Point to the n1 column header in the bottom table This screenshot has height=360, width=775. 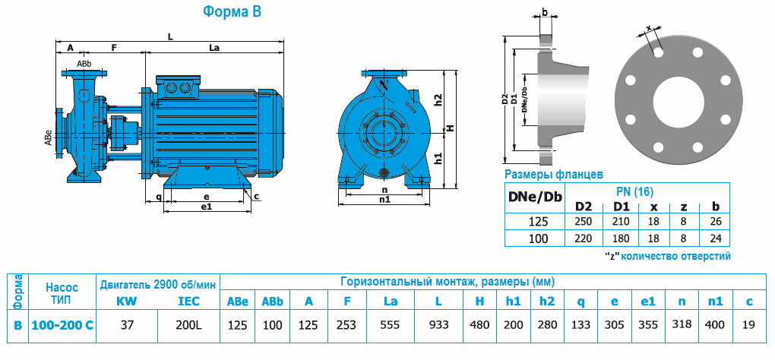pyautogui.click(x=714, y=302)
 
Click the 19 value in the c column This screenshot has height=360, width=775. pyautogui.click(x=749, y=324)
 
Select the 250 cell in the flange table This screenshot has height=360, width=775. pyautogui.click(x=584, y=222)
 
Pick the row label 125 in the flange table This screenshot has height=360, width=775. pyautogui.click(x=535, y=222)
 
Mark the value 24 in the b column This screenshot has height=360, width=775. pyautogui.click(x=714, y=238)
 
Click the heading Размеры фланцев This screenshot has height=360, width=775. pyautogui.click(x=554, y=175)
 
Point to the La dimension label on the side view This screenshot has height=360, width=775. pyautogui.click(x=214, y=47)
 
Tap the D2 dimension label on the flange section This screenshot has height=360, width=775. pyautogui.click(x=505, y=99)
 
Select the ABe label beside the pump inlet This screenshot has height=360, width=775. pyautogui.click(x=48, y=137)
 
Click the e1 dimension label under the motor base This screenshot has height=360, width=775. pyautogui.click(x=206, y=207)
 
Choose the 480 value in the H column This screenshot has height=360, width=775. pyautogui.click(x=479, y=324)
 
